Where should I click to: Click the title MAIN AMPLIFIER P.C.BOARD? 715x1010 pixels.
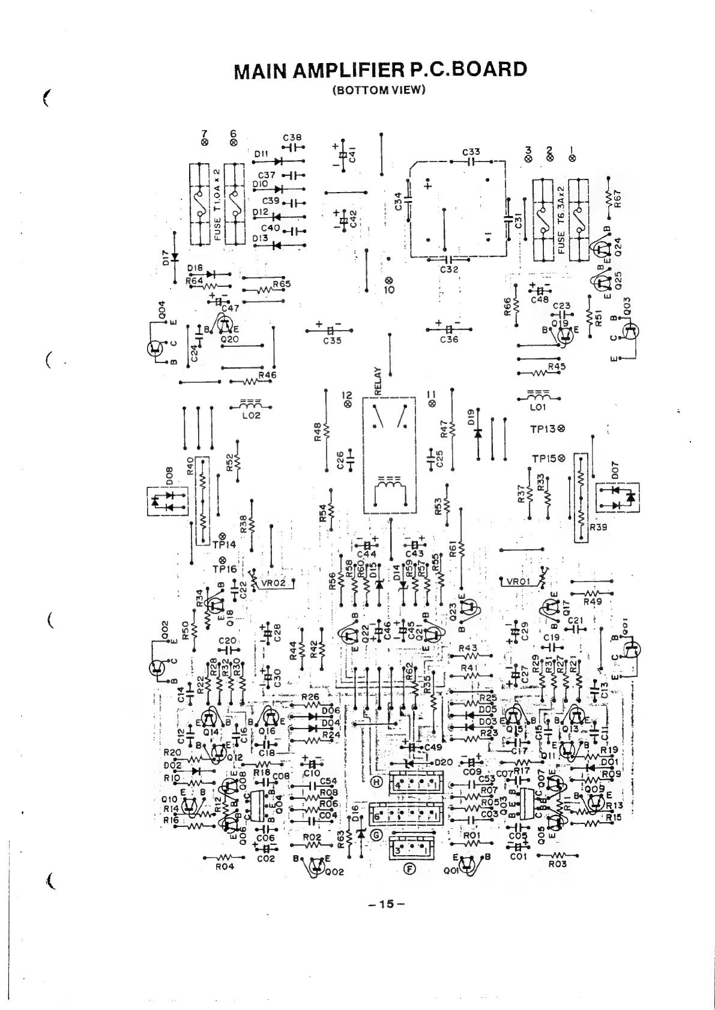380,70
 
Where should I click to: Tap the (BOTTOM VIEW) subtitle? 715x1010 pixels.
379,91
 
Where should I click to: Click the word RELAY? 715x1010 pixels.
378,379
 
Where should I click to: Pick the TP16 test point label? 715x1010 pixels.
224,568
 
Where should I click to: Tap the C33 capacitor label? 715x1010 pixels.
471,152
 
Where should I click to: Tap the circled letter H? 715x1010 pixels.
377,782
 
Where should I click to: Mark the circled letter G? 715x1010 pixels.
377,835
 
